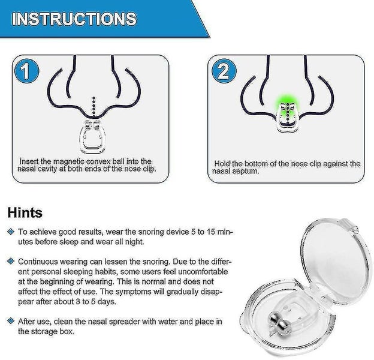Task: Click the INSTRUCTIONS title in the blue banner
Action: click(x=75, y=19)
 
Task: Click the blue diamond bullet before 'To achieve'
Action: click(x=10, y=231)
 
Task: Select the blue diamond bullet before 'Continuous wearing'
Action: click(x=10, y=262)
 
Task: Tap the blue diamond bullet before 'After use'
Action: click(x=10, y=322)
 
